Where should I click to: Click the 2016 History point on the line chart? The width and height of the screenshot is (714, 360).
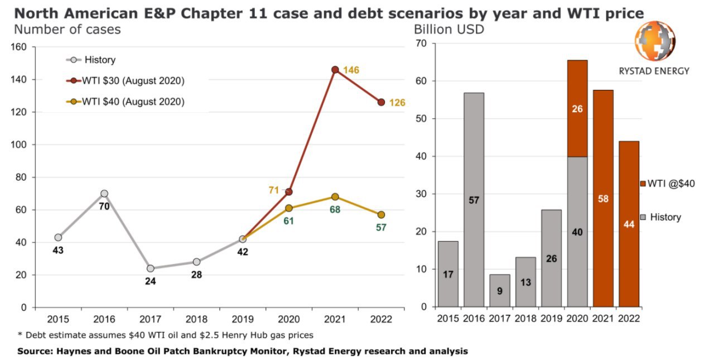[x=104, y=194]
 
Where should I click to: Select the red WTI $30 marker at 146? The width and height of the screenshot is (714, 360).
[x=335, y=70]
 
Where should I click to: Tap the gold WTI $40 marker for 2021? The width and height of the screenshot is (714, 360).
[x=335, y=196]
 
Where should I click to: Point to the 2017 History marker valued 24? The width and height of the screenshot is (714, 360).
[x=151, y=268]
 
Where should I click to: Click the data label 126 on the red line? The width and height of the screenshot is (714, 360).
[x=397, y=103]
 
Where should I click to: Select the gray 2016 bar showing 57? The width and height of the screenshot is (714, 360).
[x=474, y=200]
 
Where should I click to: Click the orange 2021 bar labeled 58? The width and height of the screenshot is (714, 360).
[x=603, y=198]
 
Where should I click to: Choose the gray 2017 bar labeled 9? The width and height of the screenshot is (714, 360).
[x=500, y=291]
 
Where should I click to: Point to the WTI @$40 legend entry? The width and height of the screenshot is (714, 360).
[x=667, y=183]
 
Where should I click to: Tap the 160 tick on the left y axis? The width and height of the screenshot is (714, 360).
[x=20, y=47]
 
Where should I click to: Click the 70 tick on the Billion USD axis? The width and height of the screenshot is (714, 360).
[x=421, y=44]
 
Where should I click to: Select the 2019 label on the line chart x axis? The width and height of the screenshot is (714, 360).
[x=243, y=319]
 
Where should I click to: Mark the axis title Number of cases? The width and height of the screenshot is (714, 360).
[x=67, y=30]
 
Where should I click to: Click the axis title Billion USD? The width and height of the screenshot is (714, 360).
[x=448, y=30]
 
